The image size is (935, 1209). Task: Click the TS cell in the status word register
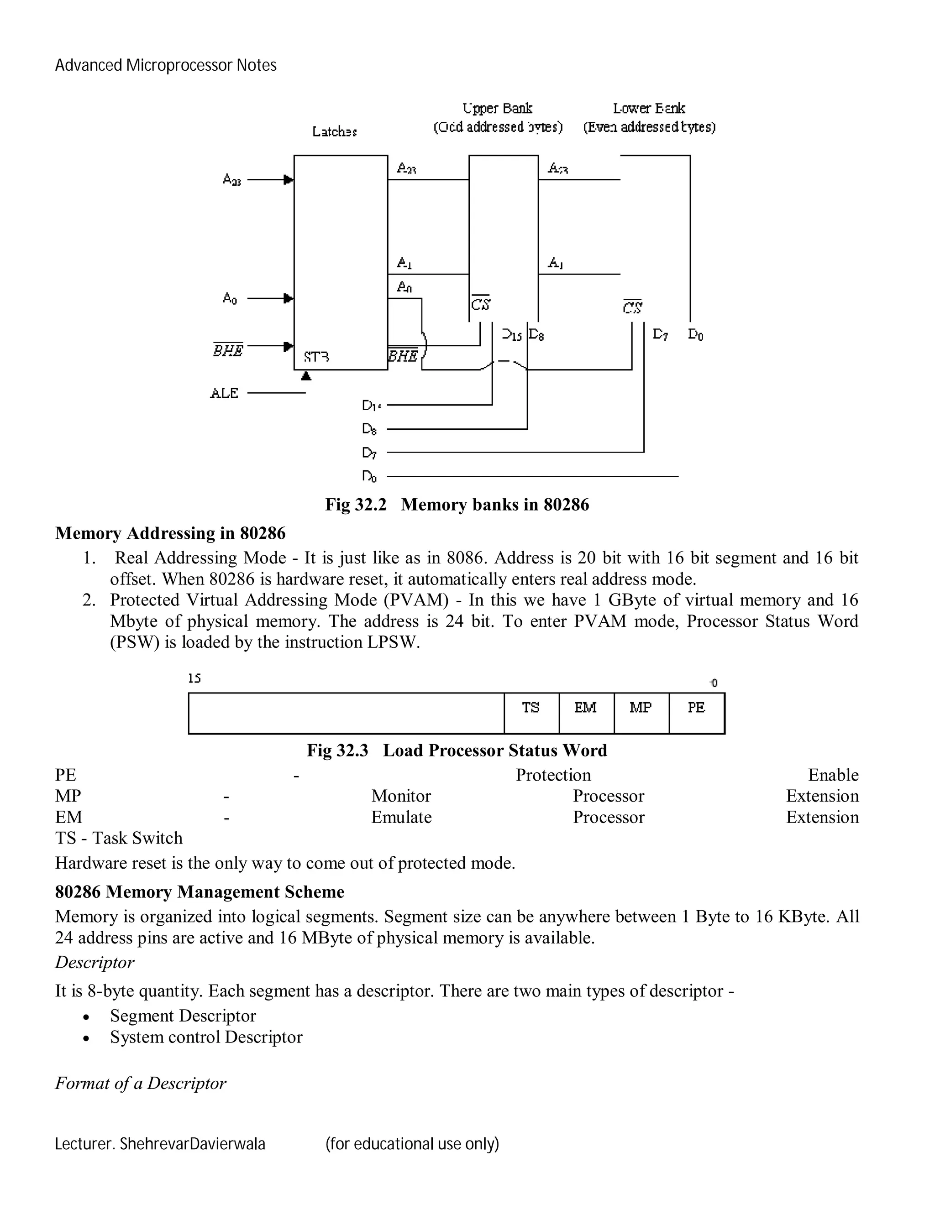click(x=531, y=713)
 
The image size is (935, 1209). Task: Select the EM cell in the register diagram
click(x=586, y=713)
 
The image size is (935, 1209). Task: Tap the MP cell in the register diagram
click(x=641, y=713)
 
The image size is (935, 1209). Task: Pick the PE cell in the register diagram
click(x=696, y=713)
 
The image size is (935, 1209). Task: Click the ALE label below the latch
click(x=224, y=393)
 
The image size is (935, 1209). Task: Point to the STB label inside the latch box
click(x=317, y=357)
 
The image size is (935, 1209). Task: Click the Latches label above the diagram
click(x=334, y=132)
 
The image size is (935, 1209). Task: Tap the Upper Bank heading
click(x=498, y=109)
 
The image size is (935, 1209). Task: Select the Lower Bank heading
click(x=649, y=109)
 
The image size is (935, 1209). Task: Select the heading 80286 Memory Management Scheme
click(x=200, y=892)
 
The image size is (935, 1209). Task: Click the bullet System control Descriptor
click(x=206, y=1037)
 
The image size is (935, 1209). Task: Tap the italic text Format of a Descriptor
click(x=141, y=1084)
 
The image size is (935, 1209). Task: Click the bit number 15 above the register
click(x=194, y=679)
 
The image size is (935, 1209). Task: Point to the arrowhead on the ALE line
click(x=306, y=376)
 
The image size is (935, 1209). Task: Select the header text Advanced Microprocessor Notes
click(x=166, y=65)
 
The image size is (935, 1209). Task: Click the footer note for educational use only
click(x=412, y=1144)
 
